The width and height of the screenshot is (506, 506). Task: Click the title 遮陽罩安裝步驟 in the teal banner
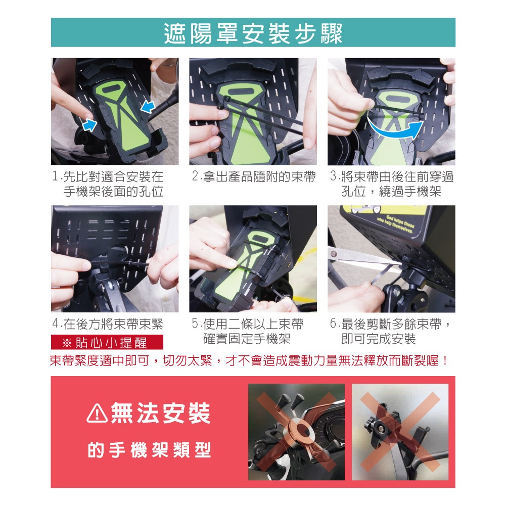[253, 33]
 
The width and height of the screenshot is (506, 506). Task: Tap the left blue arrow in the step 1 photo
[89, 125]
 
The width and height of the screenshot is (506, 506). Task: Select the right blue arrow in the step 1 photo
[147, 106]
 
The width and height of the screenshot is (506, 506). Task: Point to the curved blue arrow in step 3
[395, 129]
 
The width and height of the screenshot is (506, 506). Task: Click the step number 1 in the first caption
[56, 176]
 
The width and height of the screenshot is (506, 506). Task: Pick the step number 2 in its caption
[195, 176]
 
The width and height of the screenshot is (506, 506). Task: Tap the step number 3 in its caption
[333, 176]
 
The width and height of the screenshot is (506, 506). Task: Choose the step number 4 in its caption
[56, 324]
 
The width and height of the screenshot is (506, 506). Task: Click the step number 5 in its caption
[195, 324]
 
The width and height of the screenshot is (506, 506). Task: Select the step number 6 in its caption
[333, 324]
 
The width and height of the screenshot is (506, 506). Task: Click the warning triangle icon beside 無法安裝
[97, 414]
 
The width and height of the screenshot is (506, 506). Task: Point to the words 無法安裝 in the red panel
[160, 413]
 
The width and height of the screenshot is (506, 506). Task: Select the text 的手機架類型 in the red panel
[149, 450]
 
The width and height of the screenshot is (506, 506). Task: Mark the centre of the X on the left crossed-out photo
[297, 431]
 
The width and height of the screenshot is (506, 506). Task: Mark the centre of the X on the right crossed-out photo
[400, 432]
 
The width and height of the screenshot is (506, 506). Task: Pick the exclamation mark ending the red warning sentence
[445, 360]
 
